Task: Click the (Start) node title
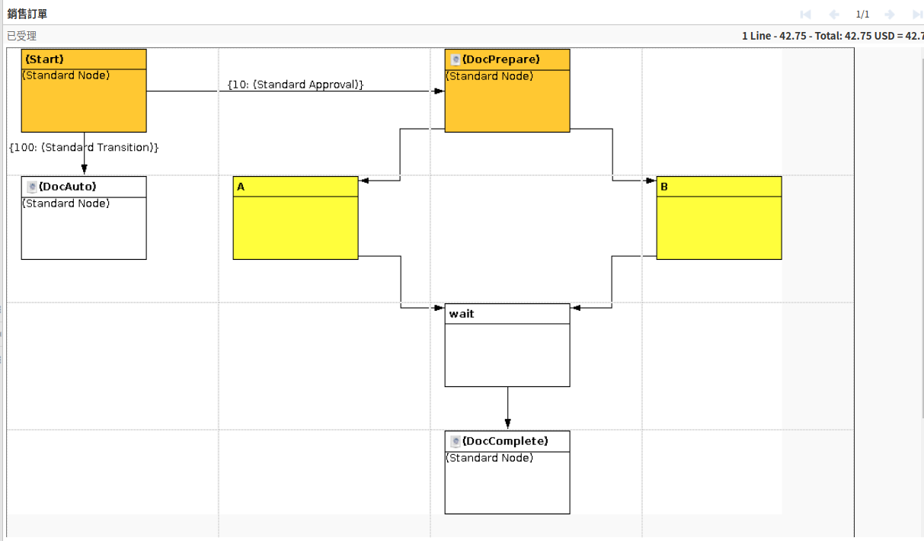[44, 59]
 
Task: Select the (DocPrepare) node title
[500, 59]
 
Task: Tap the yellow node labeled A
[296, 218]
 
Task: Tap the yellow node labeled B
[718, 218]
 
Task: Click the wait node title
[462, 314]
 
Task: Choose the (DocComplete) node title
[504, 441]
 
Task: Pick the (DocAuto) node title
[67, 187]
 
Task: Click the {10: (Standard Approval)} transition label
[296, 85]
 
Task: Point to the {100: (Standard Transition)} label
[84, 147]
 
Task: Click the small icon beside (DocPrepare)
[456, 59]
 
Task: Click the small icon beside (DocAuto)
[32, 187]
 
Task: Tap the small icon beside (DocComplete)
[456, 441]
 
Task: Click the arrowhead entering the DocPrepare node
[439, 91]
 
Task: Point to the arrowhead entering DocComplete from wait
[507, 424]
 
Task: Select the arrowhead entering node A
[364, 181]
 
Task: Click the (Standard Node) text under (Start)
[66, 75]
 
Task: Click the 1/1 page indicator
[862, 14]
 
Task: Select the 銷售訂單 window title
[27, 14]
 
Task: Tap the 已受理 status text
[21, 36]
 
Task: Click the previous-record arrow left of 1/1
[834, 14]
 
